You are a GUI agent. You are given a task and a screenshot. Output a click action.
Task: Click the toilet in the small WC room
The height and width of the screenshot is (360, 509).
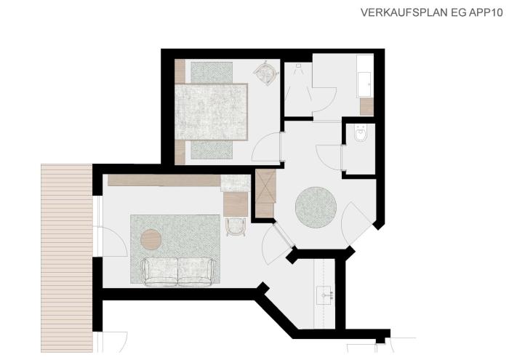pyautogui.click(x=361, y=134)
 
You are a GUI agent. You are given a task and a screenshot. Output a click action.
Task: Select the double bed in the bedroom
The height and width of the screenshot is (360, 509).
pyautogui.click(x=212, y=112)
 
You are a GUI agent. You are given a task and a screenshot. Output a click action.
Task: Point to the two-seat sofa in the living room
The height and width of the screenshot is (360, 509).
pyautogui.click(x=178, y=272)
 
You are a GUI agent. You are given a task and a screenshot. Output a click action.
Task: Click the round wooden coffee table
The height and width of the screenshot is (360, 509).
pyautogui.click(x=151, y=239)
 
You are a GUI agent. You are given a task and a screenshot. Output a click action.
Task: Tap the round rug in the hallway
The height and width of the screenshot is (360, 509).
pyautogui.click(x=316, y=207)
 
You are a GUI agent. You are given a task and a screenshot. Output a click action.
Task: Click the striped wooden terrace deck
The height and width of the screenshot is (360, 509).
pyautogui.click(x=67, y=258)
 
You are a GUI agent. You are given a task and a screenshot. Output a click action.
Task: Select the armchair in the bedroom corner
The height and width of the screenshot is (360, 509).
pyautogui.click(x=266, y=73)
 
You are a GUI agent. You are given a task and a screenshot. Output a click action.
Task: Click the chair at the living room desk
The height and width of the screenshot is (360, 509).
pyautogui.click(x=236, y=227)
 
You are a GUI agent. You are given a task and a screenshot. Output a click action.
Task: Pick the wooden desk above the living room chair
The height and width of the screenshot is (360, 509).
pyautogui.click(x=236, y=204)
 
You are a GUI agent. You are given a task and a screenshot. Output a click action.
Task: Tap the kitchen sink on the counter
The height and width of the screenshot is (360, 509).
pyautogui.click(x=324, y=295)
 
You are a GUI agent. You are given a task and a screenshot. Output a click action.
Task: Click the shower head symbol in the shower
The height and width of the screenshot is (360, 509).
pyautogui.click(x=298, y=65)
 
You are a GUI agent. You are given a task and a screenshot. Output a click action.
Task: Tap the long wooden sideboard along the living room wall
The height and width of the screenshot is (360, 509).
pyautogui.click(x=164, y=180)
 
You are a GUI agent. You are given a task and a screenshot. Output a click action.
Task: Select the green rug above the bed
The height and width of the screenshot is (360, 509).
pyautogui.click(x=212, y=72)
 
